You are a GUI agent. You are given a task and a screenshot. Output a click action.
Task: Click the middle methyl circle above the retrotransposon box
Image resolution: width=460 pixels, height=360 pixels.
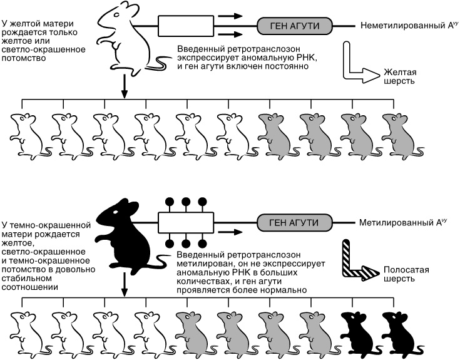(x=186, y=202)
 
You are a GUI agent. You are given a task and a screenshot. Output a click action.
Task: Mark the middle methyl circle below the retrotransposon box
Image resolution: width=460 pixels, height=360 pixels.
(x=186, y=243)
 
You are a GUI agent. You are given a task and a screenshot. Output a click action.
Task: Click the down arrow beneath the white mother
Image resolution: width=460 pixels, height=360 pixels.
(x=125, y=88)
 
